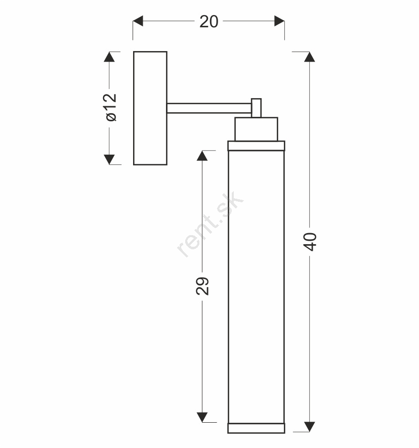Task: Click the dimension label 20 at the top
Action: [209, 21]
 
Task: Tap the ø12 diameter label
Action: [111, 107]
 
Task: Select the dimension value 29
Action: [202, 286]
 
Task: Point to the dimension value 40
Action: [310, 242]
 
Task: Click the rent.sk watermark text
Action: [210, 224]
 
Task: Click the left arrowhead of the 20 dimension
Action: [138, 21]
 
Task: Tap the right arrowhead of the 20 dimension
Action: [279, 21]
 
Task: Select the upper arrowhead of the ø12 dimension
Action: [109, 57]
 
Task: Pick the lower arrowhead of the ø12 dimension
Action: [109, 160]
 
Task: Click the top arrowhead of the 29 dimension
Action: [202, 156]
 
